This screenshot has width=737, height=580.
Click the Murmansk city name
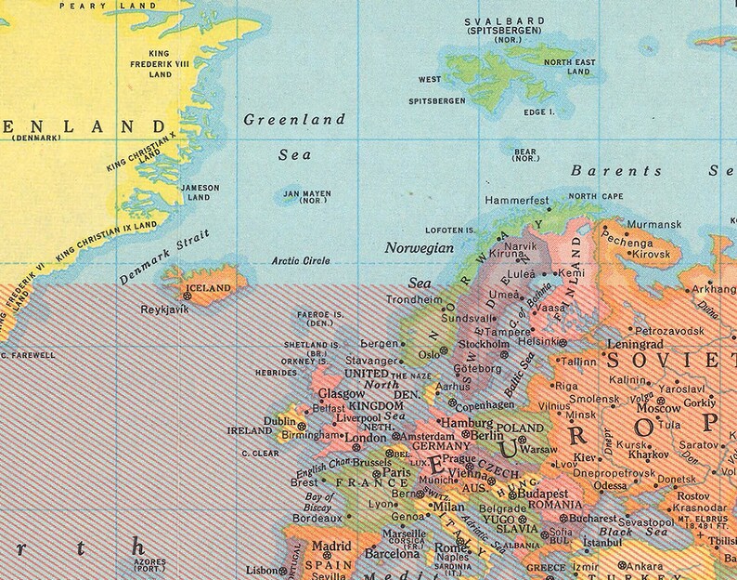[654, 224]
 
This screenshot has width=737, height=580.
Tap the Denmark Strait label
[165, 256]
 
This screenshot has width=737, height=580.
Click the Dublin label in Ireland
[279, 420]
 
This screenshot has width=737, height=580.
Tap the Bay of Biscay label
[319, 503]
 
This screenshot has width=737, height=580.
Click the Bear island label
[526, 152]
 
